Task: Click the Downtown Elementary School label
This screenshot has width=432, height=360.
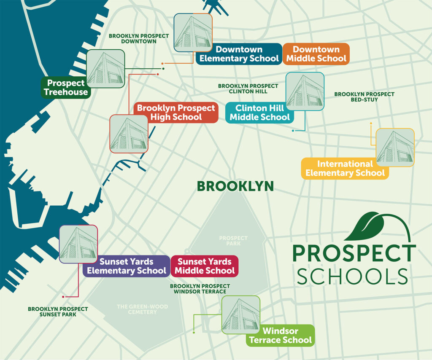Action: pyautogui.click(x=239, y=54)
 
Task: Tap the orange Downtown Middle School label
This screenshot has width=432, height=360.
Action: pyautogui.click(x=316, y=54)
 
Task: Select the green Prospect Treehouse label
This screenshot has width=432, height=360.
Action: pyautogui.click(x=67, y=88)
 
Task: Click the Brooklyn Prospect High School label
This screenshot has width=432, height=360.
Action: pyautogui.click(x=175, y=113)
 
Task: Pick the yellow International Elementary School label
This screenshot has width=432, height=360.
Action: pyautogui.click(x=345, y=168)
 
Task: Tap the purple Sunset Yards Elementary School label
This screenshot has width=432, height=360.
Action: pyautogui.click(x=126, y=266)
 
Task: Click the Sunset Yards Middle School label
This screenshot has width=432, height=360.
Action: pyautogui.click(x=204, y=266)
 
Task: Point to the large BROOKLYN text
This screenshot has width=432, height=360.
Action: pyautogui.click(x=235, y=186)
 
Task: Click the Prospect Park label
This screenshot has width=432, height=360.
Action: pyautogui.click(x=233, y=241)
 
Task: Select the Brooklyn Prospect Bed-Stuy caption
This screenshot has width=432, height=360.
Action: pyautogui.click(x=364, y=97)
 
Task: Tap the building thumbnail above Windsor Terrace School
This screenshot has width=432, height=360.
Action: pyautogui.click(x=241, y=314)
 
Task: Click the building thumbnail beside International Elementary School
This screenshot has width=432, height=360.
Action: pyautogui.click(x=395, y=147)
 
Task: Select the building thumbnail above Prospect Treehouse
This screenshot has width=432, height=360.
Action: pyautogui.click(x=105, y=68)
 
